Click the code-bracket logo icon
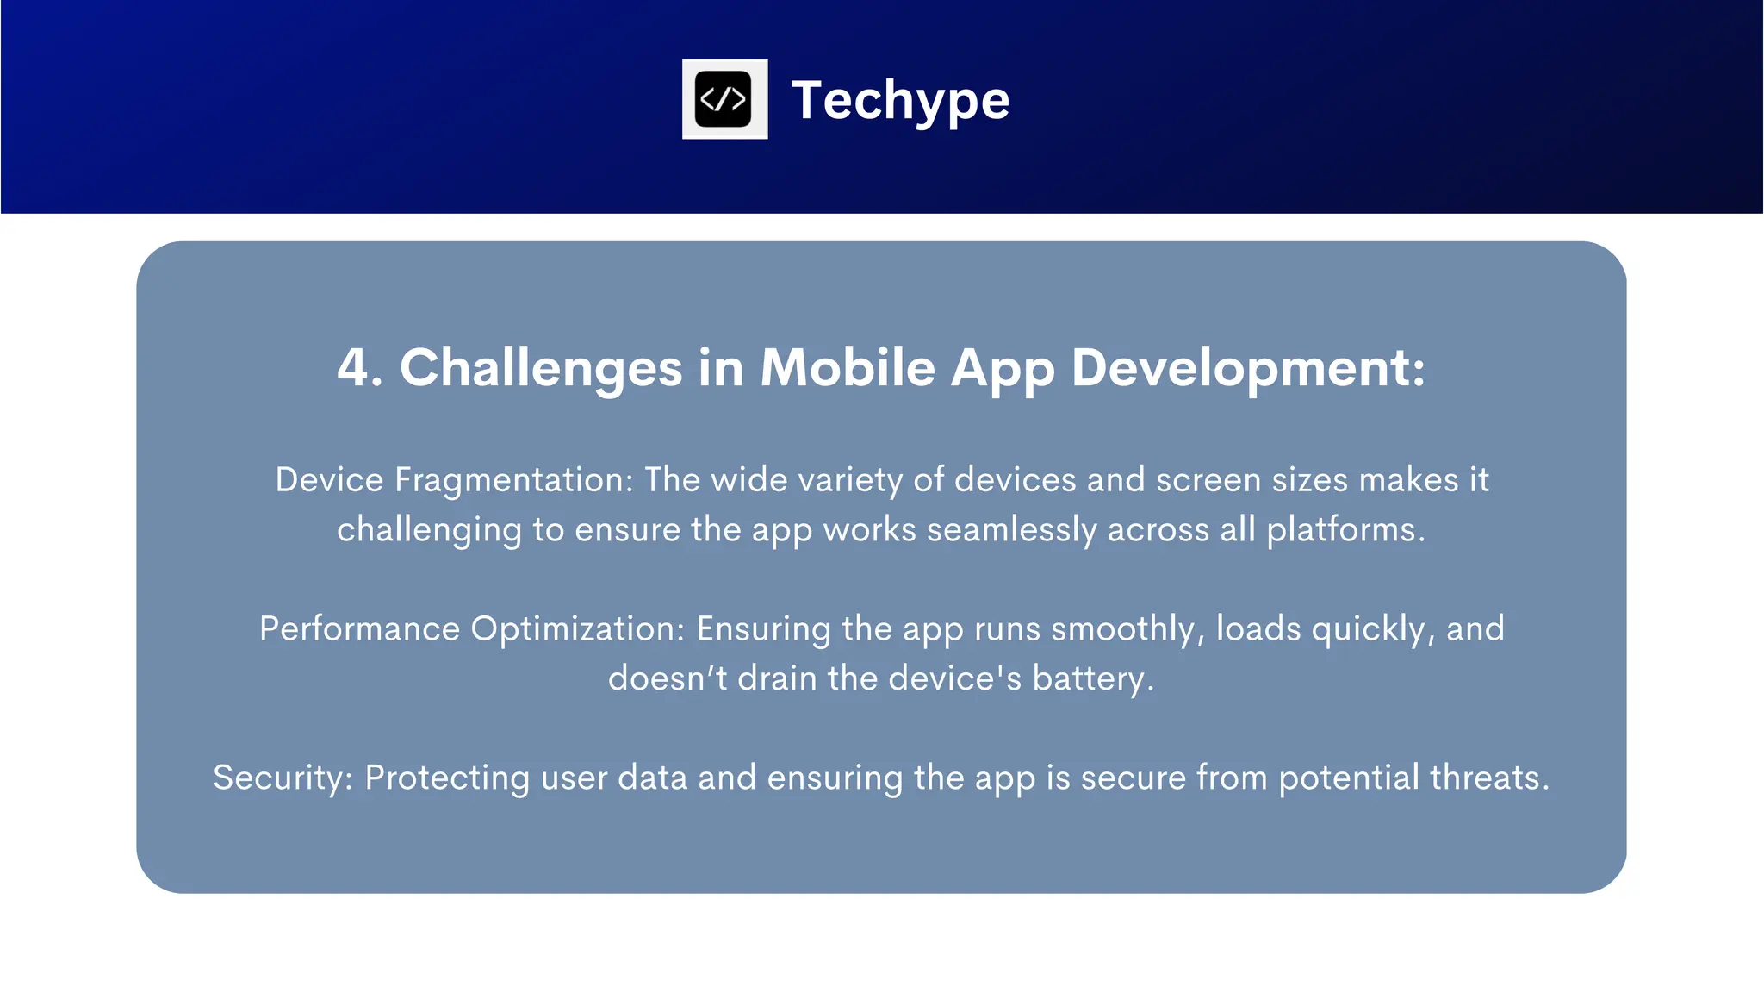point(724,99)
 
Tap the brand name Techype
point(900,101)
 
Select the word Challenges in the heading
point(541,369)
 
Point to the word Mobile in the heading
point(848,368)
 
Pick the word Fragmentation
point(513,480)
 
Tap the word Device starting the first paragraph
point(329,480)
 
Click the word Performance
point(359,629)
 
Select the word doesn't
point(668,679)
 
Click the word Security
point(278,778)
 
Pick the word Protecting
point(447,778)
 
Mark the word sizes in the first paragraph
point(1310,480)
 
